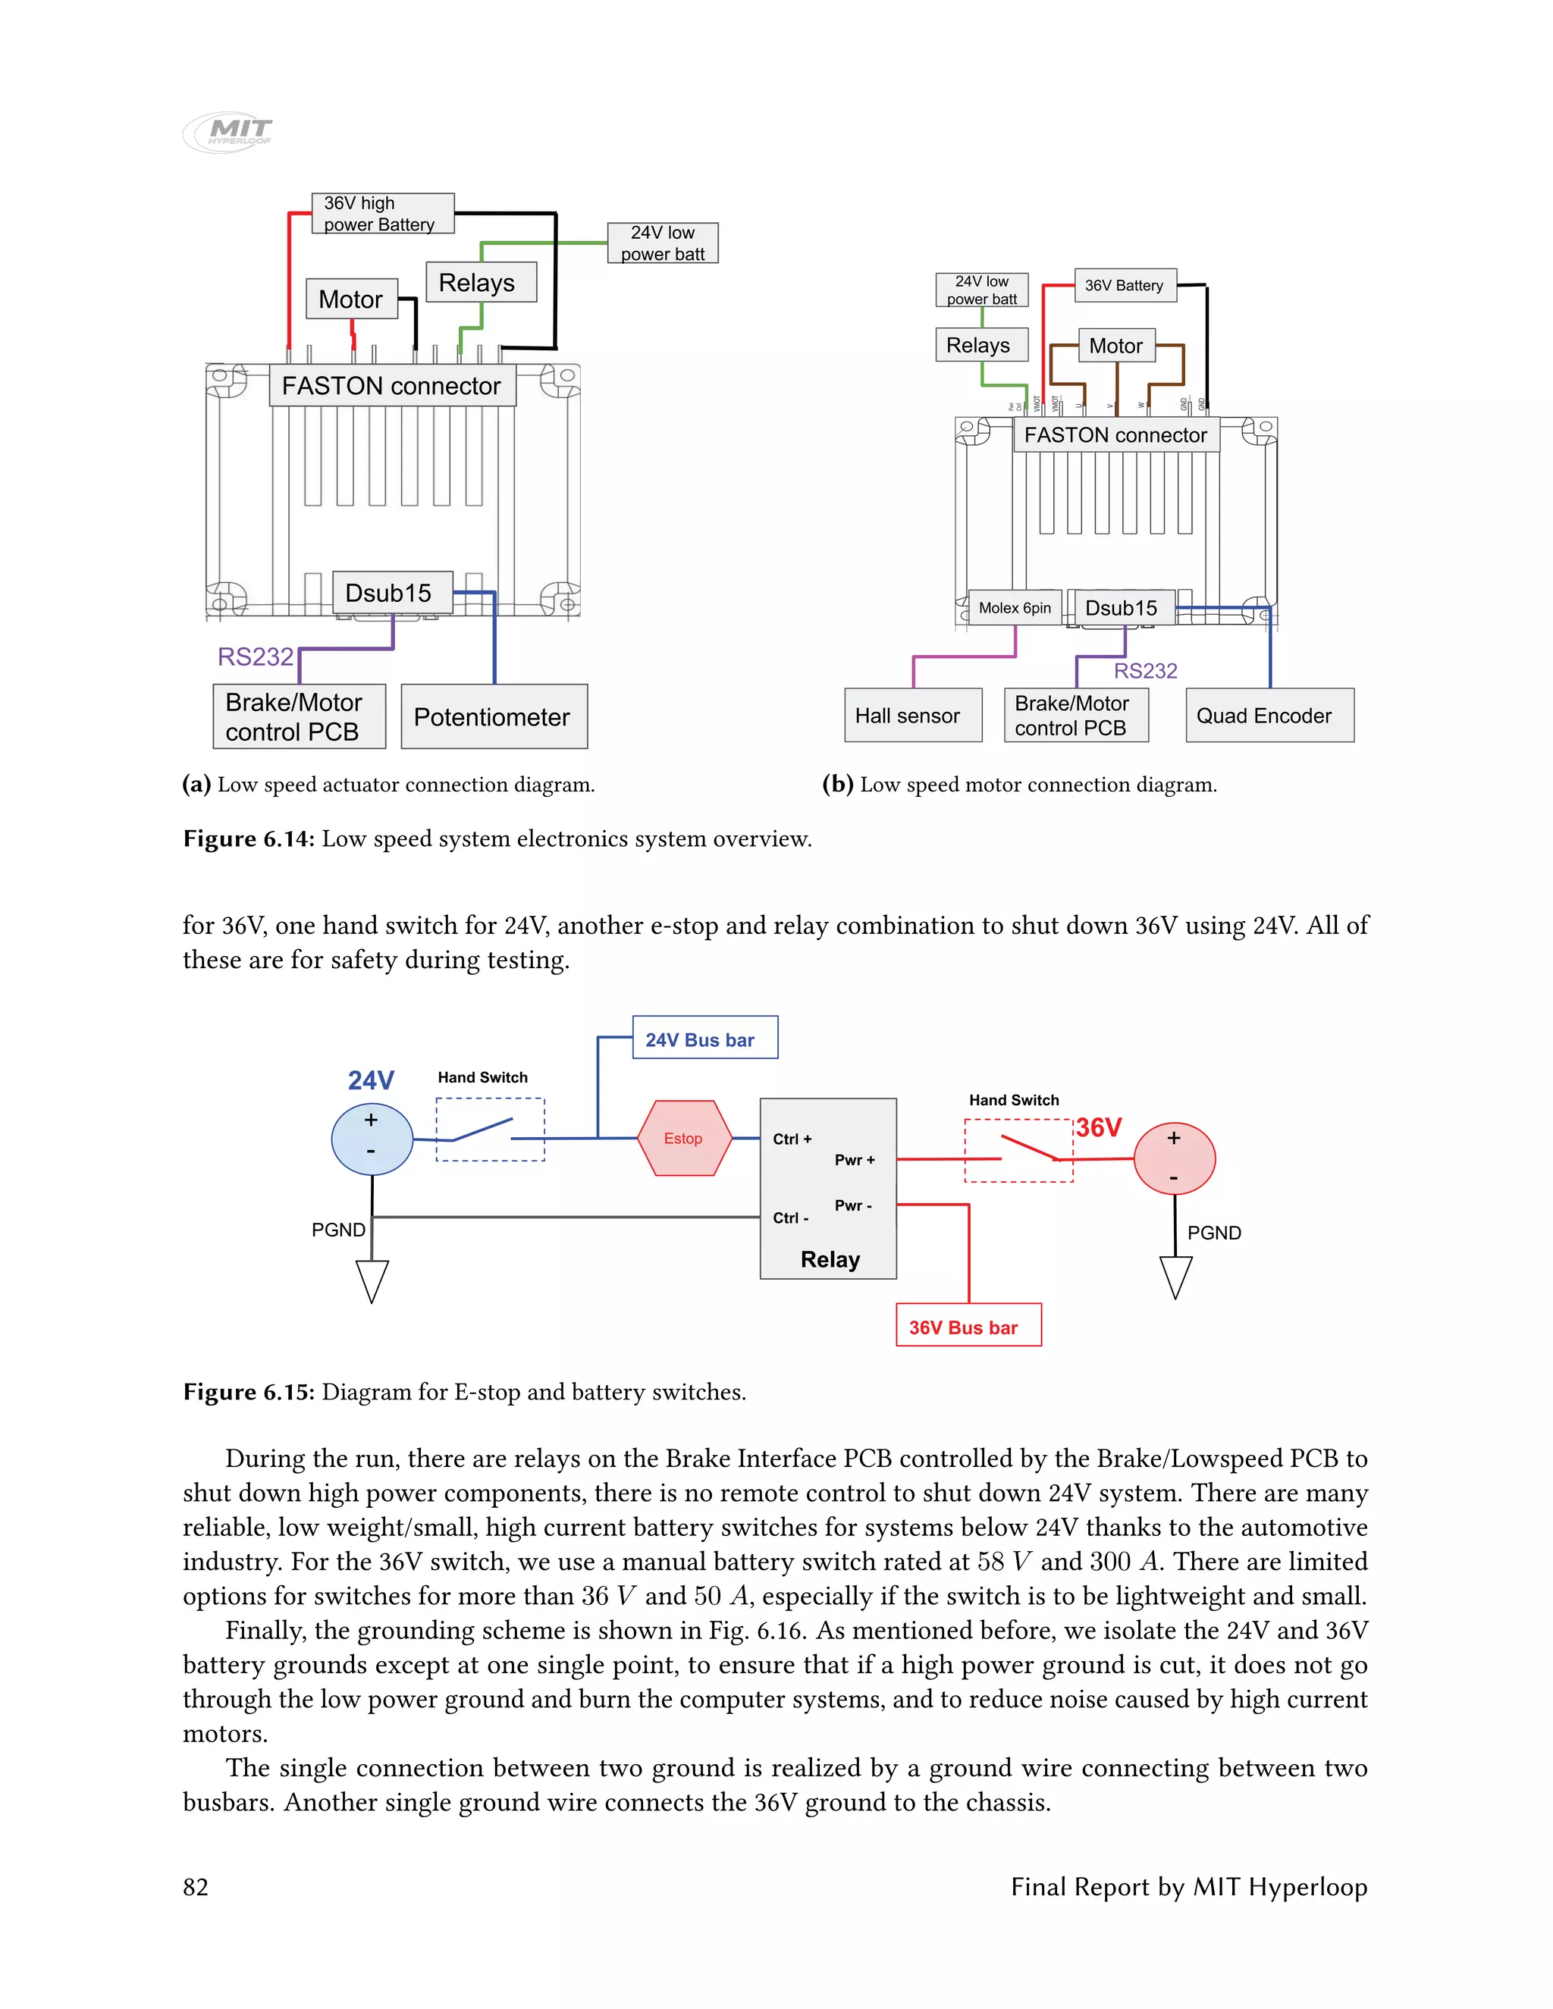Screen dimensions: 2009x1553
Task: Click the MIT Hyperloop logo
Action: point(228,132)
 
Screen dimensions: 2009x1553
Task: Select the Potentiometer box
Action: point(494,716)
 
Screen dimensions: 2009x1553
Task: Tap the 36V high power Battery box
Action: point(383,214)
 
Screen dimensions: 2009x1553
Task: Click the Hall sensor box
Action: point(913,716)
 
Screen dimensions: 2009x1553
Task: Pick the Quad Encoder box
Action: point(1269,716)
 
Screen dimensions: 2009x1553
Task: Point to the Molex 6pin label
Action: point(1015,608)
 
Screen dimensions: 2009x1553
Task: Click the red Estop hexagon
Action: point(683,1139)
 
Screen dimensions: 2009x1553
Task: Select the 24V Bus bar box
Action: point(704,1039)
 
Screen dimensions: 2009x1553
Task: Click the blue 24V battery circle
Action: point(372,1139)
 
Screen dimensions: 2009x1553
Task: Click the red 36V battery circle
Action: point(1174,1158)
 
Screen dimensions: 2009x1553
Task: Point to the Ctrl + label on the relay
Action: point(792,1139)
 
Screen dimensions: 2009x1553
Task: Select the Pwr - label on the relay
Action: point(854,1205)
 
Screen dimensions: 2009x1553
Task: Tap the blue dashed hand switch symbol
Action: point(491,1130)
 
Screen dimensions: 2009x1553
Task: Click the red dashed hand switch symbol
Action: point(1018,1151)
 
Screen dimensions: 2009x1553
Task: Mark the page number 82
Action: point(196,1887)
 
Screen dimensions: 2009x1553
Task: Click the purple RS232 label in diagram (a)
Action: point(255,657)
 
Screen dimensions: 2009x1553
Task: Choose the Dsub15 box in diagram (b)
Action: point(1122,608)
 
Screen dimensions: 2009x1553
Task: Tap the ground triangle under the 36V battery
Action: point(1176,1277)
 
